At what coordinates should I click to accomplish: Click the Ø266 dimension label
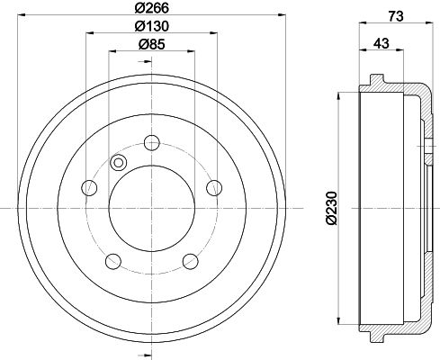pos(151,8)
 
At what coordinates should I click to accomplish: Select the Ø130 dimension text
pos(151,26)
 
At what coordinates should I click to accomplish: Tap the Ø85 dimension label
pos(152,45)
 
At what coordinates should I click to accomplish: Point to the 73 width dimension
pos(396,16)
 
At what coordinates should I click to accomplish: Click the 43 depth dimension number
pos(382,43)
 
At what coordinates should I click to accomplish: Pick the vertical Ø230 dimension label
pos(332,207)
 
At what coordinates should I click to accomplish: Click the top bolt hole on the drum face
pos(151,142)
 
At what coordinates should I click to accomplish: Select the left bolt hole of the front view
pos(89,188)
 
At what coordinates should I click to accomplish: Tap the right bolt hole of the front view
pos(214,188)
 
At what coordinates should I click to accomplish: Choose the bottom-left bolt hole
pos(113,261)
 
